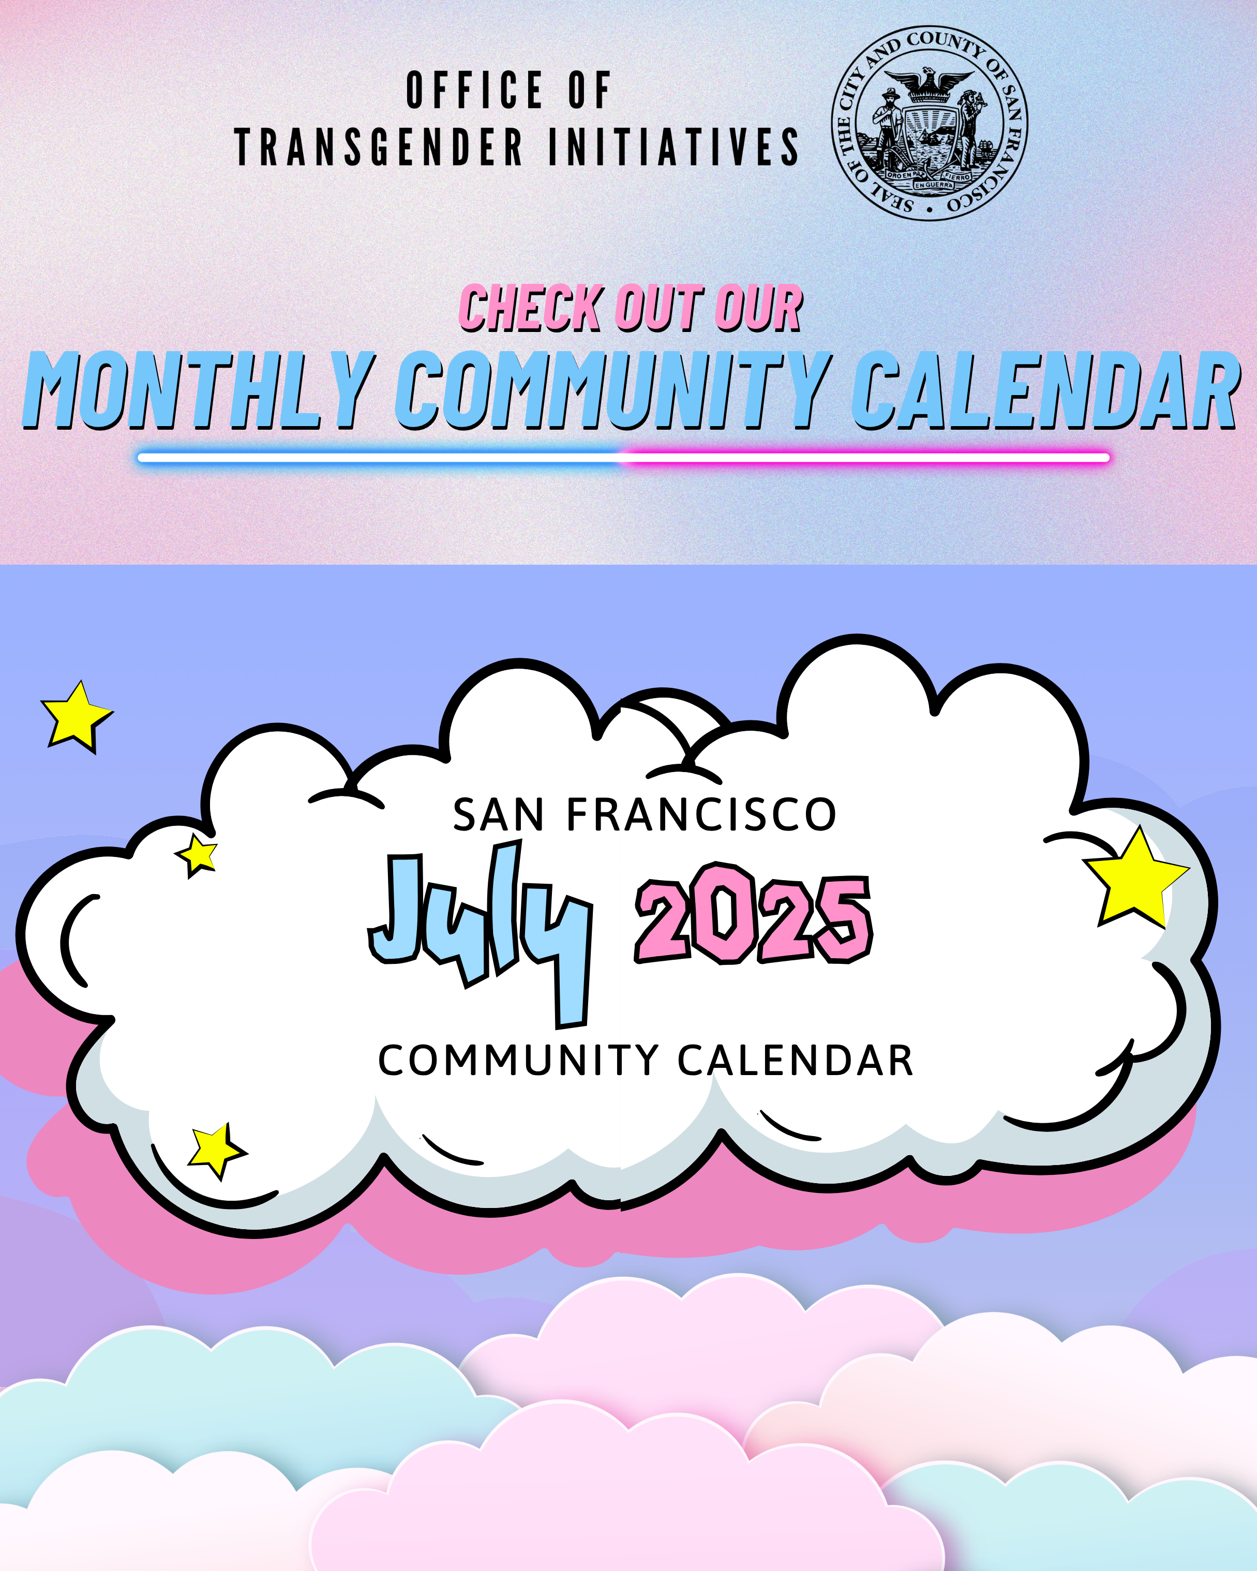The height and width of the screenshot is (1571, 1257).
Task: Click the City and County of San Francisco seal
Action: pos(930,123)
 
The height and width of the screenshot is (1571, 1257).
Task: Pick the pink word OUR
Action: pos(758,308)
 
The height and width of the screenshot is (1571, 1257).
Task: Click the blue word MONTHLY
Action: pos(199,390)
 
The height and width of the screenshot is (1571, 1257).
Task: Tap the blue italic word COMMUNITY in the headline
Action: pos(613,390)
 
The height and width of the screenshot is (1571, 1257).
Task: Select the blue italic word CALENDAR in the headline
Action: pos(1045,390)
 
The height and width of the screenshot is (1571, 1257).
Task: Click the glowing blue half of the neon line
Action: pos(379,458)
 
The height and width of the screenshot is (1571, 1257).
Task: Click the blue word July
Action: pos(480,934)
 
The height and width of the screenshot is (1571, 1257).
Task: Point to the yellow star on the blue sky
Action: pos(76,717)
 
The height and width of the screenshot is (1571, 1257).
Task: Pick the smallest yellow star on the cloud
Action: pos(197,855)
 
